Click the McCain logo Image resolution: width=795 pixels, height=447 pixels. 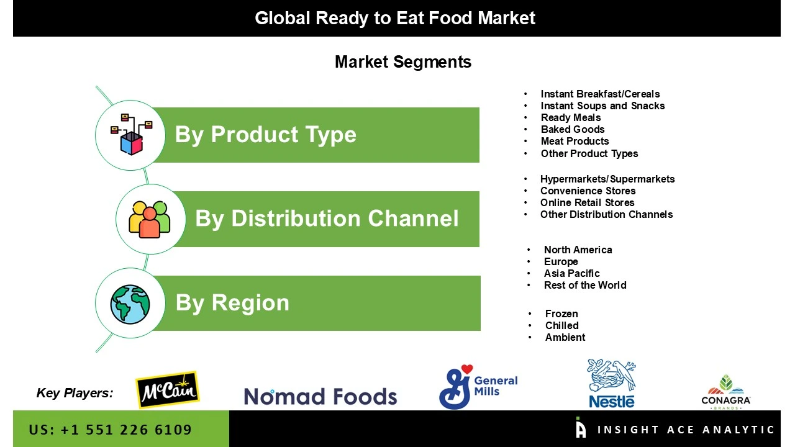point(167,390)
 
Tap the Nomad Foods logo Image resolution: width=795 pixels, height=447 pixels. point(320,396)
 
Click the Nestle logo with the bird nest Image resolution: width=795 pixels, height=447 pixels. point(611,384)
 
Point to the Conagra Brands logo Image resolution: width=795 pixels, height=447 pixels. point(725,392)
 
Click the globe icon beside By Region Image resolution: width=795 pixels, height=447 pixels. point(130,304)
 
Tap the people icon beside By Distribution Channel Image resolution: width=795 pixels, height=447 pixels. point(150,219)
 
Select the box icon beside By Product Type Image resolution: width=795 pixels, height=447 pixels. point(130,134)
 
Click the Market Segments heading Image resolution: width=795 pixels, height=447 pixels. point(402,62)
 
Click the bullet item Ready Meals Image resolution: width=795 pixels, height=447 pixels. point(570,117)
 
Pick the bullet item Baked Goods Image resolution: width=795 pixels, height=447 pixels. point(572,129)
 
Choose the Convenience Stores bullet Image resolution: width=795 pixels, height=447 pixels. point(588,191)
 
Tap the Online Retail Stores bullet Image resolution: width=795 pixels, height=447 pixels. point(587,202)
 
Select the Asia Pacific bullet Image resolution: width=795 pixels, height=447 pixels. point(571,273)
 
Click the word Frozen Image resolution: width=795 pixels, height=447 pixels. point(561,314)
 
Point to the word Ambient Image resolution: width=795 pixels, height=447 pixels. point(565,337)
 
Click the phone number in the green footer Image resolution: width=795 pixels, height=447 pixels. point(110,430)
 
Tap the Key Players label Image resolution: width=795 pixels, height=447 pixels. point(75,392)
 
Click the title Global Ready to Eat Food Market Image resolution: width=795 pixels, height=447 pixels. point(395,18)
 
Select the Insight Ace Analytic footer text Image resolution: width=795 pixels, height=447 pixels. point(686,430)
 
